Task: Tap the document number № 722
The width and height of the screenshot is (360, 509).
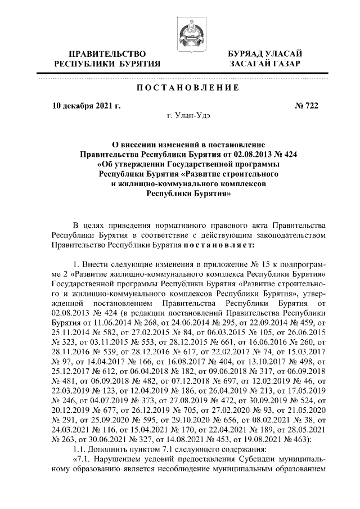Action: (x=307, y=106)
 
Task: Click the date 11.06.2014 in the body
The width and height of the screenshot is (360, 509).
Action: (x=111, y=321)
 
